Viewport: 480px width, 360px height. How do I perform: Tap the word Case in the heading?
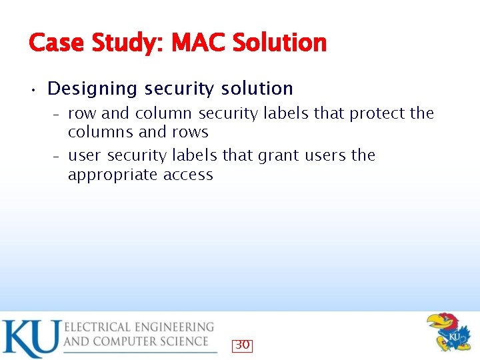56,43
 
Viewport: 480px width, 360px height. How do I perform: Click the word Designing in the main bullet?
93,89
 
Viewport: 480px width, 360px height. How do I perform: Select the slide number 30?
242,345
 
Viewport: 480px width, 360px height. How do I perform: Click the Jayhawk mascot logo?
448,331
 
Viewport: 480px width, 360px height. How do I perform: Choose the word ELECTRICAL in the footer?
104,327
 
